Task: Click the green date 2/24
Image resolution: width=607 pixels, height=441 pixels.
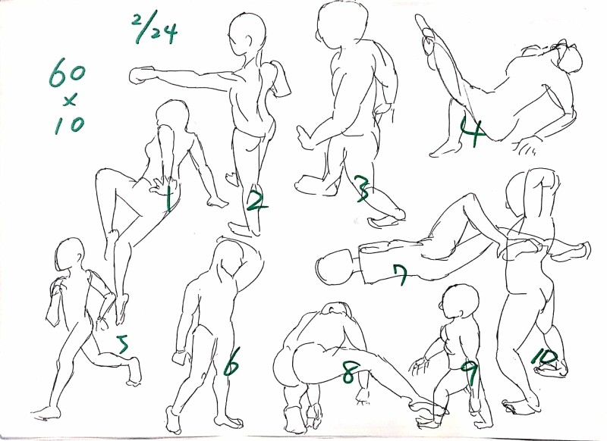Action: pos(155,28)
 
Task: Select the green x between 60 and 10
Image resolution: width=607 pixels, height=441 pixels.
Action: pos(70,102)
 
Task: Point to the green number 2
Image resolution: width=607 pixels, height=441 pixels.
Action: pos(256,201)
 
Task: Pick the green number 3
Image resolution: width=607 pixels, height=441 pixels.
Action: pos(363,189)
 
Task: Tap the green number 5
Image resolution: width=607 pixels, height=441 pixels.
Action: pos(123,343)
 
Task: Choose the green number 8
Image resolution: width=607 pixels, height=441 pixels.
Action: pos(348,371)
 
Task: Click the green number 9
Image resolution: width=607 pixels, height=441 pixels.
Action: pos(468,373)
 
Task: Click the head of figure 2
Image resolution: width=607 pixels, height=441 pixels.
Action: pos(247,35)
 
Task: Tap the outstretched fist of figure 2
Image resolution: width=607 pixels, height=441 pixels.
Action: pos(141,75)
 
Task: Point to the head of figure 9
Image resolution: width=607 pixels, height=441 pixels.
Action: pos(460,302)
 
